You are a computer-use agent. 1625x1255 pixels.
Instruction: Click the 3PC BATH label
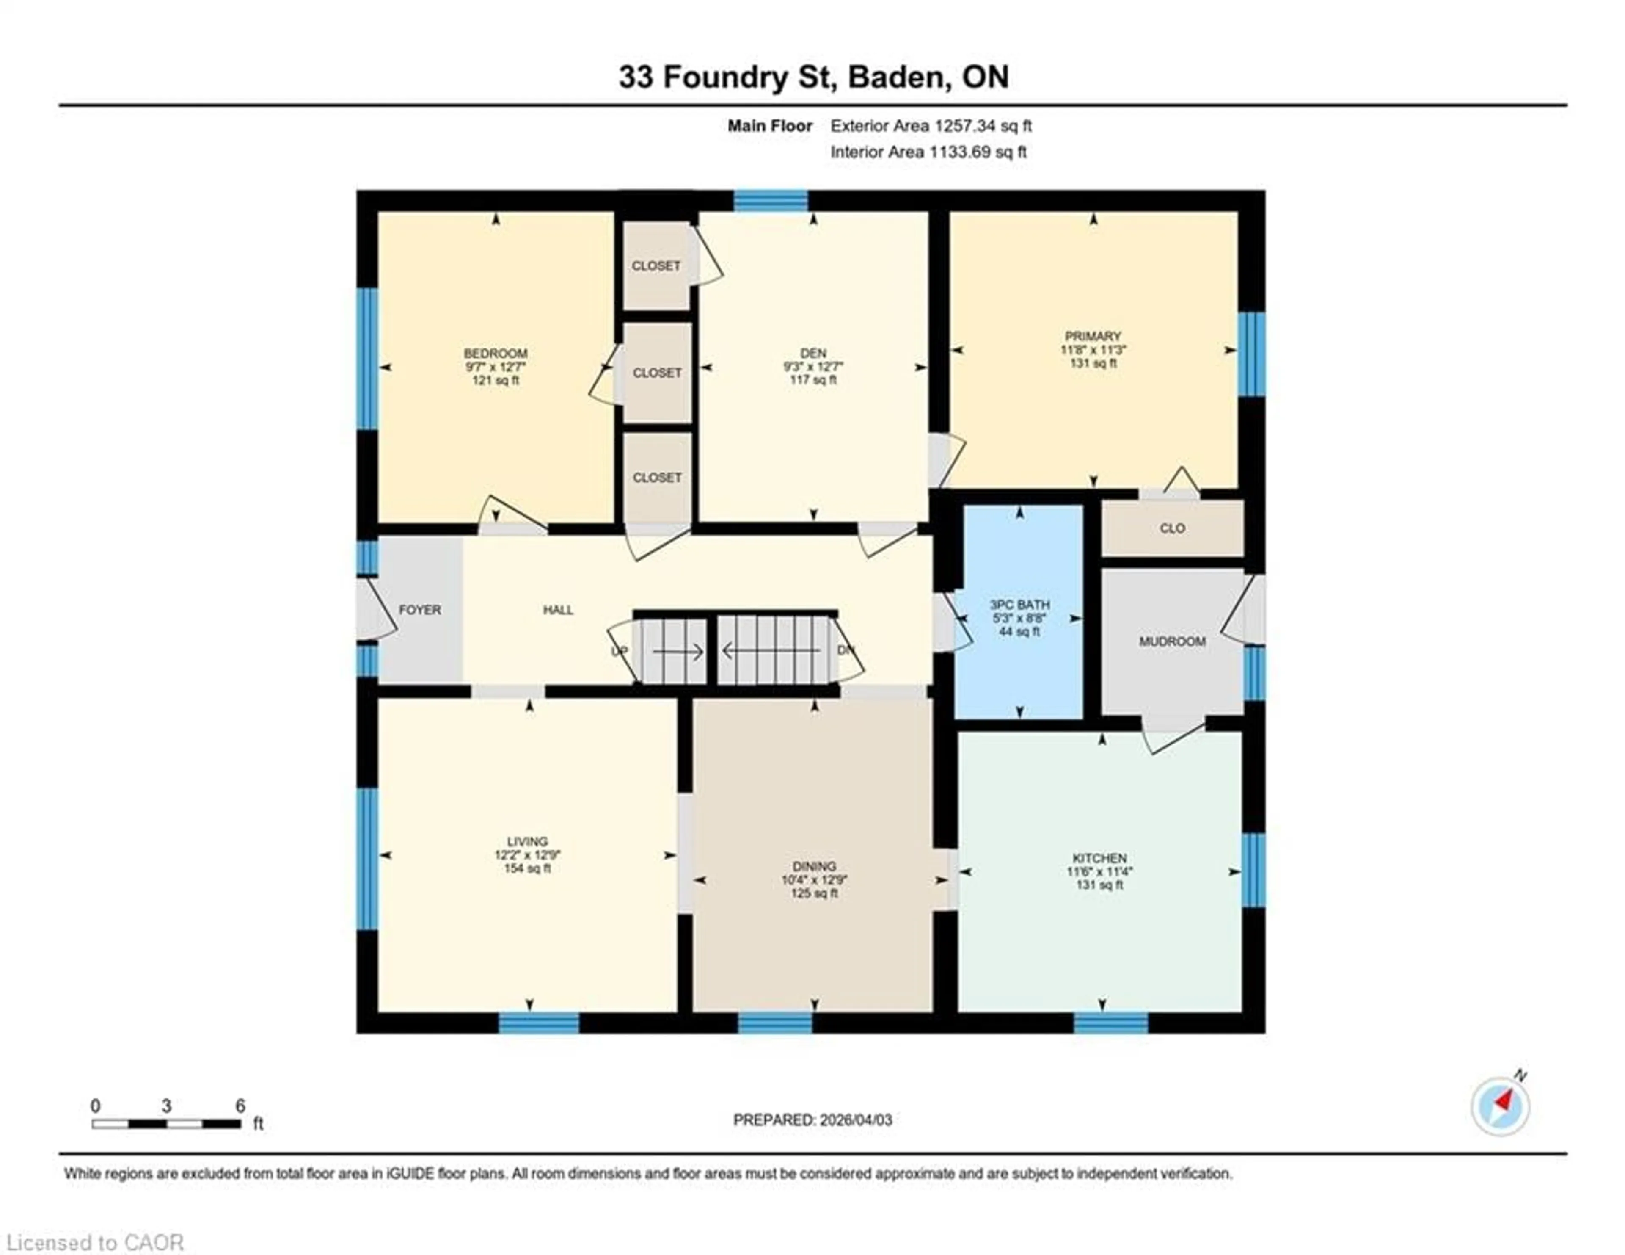point(1019,605)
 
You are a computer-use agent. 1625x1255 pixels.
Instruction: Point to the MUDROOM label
point(1172,641)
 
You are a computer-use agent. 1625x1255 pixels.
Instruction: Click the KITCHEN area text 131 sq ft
point(1099,885)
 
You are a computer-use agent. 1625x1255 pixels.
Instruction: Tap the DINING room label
point(814,866)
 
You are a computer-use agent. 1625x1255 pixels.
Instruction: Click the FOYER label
point(420,610)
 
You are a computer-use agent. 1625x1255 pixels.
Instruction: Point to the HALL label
point(558,610)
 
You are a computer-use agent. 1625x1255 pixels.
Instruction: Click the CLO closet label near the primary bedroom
point(1172,528)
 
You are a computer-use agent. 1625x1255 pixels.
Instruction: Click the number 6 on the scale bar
point(240,1106)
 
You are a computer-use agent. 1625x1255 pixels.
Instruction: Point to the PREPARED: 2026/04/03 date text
point(812,1120)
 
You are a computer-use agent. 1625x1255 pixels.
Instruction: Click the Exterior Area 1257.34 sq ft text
point(931,126)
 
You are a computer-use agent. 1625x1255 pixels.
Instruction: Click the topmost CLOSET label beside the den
point(656,266)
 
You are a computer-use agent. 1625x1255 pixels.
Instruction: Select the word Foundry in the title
point(725,77)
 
